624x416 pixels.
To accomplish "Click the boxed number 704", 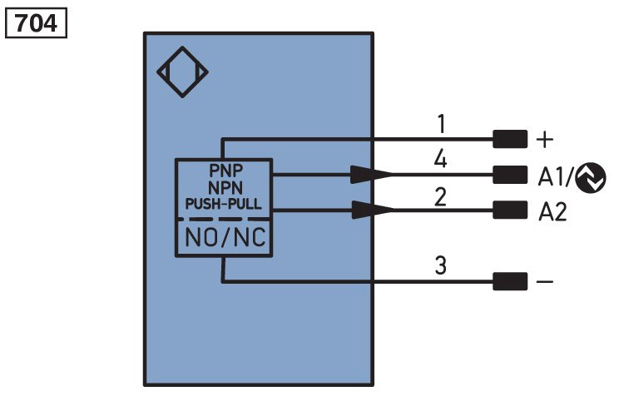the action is pos(36,23).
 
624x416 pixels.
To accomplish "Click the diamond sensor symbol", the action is pos(183,49).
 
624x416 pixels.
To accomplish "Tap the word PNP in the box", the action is pos(225,171).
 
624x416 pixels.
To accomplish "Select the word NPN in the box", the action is pos(225,187).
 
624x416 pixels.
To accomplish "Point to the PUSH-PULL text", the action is pos(224,204).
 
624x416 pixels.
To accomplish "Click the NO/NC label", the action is pos(225,237).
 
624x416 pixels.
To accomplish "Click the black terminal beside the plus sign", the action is pos(510,139).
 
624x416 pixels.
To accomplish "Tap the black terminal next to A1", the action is pos(510,175).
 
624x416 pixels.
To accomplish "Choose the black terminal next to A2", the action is pos(510,210).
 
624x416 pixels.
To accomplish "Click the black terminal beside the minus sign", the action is pos(510,281).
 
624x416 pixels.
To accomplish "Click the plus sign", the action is pos(545,140).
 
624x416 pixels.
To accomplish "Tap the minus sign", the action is pos(545,282).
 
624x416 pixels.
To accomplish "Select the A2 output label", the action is pos(552,212).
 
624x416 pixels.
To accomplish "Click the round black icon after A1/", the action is pos(591,177).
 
